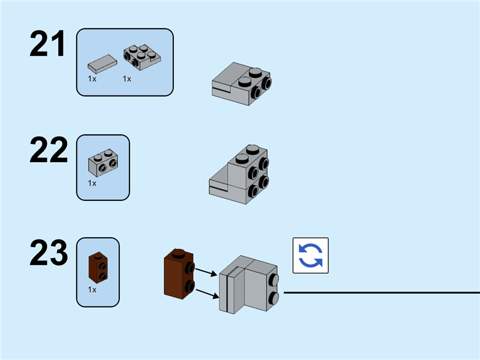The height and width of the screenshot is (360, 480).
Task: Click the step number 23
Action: tap(49, 254)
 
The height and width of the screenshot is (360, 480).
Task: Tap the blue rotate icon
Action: tap(310, 255)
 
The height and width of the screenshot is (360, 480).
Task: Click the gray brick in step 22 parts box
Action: tap(103, 162)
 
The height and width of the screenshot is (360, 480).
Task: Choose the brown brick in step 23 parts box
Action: tap(97, 268)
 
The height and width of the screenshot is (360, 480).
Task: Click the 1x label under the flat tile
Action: tap(92, 79)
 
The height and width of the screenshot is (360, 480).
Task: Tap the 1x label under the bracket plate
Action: tap(127, 79)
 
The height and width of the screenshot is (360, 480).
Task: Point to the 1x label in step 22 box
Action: tap(92, 183)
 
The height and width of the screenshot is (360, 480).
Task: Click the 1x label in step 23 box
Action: tap(92, 289)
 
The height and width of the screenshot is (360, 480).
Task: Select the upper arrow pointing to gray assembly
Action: tap(205, 272)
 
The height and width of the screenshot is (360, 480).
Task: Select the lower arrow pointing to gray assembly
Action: tap(205, 293)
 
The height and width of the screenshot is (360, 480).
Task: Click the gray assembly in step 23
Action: tap(248, 284)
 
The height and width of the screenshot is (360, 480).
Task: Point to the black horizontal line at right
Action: tap(381, 293)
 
